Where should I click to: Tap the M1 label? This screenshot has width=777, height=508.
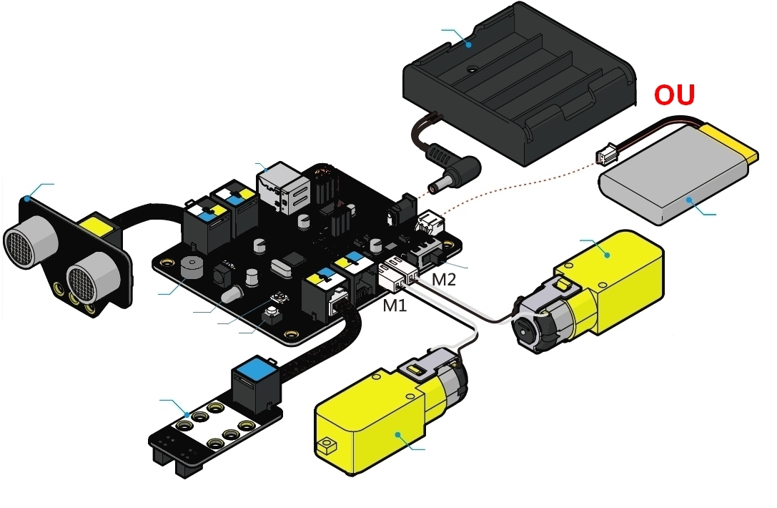tap(395, 306)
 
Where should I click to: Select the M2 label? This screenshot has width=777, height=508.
tap(444, 279)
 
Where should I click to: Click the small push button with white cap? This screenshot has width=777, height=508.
tap(273, 313)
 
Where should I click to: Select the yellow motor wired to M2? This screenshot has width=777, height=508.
tap(608, 286)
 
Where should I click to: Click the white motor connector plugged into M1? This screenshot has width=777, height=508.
tap(390, 276)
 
